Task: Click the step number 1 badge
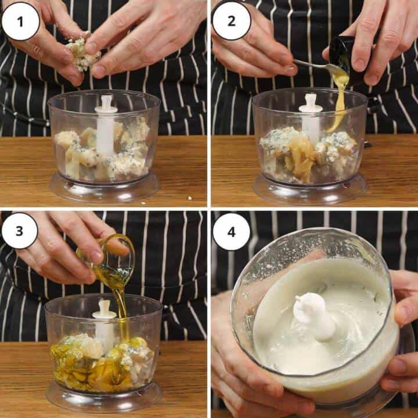(21, 21)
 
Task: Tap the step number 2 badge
(231, 21)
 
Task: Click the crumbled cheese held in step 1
(81, 52)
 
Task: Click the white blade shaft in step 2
(311, 116)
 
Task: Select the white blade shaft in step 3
(105, 325)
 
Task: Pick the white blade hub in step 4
(313, 316)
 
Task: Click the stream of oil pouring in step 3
(122, 308)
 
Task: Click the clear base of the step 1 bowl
(105, 189)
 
